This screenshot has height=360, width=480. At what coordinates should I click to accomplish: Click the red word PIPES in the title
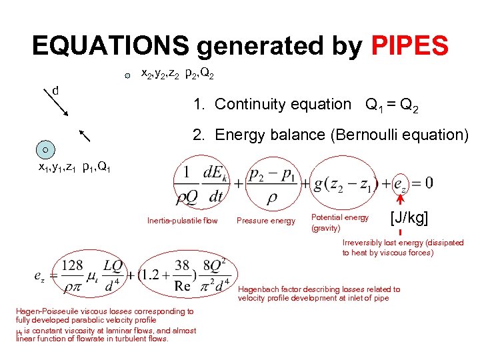coord(410,45)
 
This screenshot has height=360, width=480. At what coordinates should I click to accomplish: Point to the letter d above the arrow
coord(56,90)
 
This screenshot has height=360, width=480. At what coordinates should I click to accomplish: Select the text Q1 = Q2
coord(393,104)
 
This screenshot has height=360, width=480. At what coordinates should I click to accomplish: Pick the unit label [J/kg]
coord(409,217)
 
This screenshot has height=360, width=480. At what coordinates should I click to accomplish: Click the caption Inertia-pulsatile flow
coord(182,221)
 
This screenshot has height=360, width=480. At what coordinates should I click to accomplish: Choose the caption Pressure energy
coord(265,221)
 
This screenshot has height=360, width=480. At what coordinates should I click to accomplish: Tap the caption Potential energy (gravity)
coord(339,223)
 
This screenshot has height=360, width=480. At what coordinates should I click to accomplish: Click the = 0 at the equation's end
coord(421,181)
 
